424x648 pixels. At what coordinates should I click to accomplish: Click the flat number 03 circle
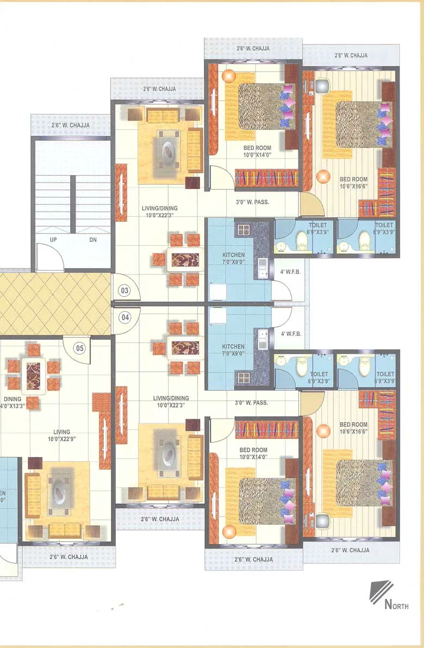[125, 290]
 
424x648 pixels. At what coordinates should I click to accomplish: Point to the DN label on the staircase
[93, 239]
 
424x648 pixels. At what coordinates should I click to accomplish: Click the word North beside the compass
[396, 604]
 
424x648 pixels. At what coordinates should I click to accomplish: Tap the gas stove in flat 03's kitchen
[242, 229]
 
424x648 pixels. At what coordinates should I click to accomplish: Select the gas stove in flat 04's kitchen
[242, 377]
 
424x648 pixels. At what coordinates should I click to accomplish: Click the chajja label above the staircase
[70, 126]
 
